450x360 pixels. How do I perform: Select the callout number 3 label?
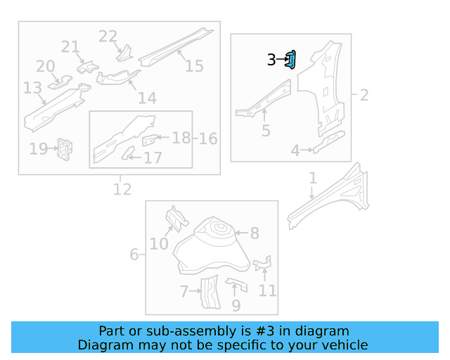(x=271, y=60)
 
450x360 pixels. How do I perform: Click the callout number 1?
(x=313, y=179)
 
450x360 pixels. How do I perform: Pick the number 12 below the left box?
(x=122, y=189)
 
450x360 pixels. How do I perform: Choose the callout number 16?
(x=207, y=138)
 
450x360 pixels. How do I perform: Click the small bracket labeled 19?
(x=65, y=148)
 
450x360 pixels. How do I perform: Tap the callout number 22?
(x=108, y=36)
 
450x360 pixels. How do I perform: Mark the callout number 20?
(x=45, y=66)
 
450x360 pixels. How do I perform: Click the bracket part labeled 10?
(x=176, y=219)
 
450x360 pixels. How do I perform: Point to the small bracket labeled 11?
(x=262, y=264)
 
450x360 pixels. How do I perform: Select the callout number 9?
(x=236, y=306)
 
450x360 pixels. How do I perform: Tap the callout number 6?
(x=134, y=254)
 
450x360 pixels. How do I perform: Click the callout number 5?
(x=265, y=131)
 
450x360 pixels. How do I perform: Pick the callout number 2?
(x=364, y=94)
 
